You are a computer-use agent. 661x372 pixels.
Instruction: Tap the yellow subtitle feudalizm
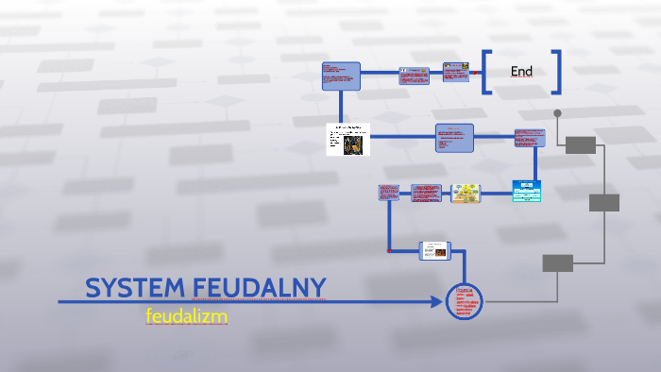(x=187, y=316)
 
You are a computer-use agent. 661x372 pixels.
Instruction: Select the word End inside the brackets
(x=521, y=72)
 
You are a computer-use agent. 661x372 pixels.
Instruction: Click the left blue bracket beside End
(x=485, y=72)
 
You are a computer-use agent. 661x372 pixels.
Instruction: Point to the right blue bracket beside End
(x=557, y=72)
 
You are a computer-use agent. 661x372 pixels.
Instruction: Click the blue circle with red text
(x=464, y=301)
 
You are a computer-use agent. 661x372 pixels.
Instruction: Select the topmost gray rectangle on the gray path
(x=581, y=144)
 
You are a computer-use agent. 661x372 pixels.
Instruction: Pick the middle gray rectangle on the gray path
(x=604, y=203)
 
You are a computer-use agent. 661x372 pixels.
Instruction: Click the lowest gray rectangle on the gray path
(x=557, y=263)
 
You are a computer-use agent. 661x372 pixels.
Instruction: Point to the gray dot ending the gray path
(x=557, y=113)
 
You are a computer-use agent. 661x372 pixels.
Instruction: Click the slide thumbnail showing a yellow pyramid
(x=466, y=193)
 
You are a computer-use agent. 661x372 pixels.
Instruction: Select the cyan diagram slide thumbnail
(x=527, y=190)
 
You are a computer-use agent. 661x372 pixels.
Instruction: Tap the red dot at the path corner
(x=389, y=251)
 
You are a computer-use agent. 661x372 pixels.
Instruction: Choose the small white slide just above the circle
(x=435, y=250)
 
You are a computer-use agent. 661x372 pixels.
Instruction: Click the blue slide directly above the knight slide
(x=341, y=76)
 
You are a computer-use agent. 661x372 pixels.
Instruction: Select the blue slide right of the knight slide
(x=454, y=138)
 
